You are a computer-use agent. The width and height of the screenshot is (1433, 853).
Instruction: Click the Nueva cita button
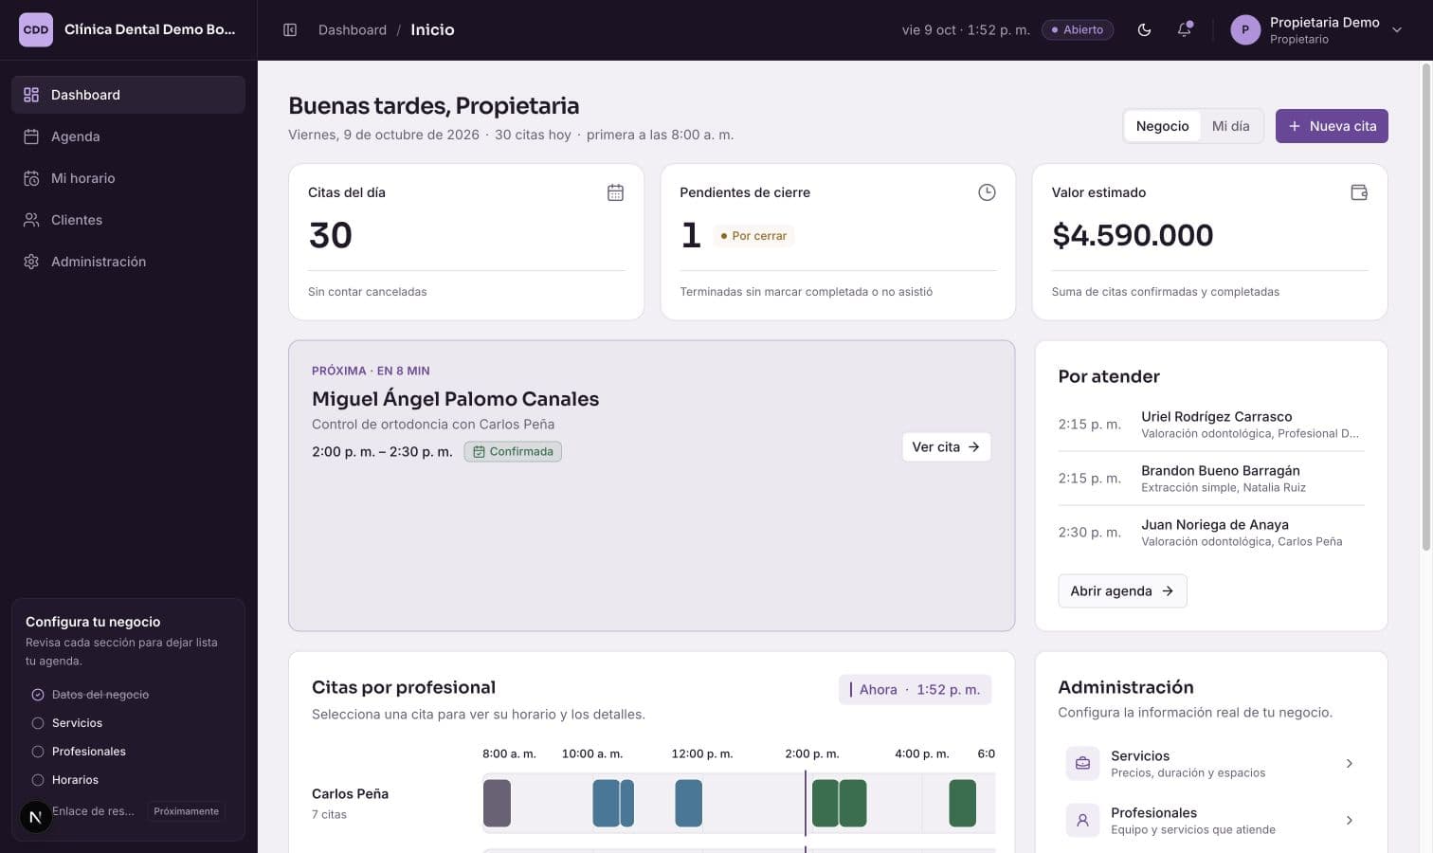(x=1332, y=126)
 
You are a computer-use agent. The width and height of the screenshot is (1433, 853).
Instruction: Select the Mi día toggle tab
(x=1230, y=126)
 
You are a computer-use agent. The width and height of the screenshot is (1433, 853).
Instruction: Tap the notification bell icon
(x=1184, y=29)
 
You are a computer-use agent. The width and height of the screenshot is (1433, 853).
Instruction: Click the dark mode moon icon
(x=1144, y=29)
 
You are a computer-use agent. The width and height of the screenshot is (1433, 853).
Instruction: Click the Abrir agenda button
(x=1122, y=590)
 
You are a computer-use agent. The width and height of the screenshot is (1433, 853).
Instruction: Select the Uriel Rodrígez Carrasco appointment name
(x=1216, y=417)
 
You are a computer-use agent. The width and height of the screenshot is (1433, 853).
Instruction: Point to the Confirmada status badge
(x=513, y=451)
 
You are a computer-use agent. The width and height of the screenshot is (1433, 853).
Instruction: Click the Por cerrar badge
(x=753, y=235)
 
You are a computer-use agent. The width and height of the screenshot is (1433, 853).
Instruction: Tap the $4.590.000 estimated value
(x=1133, y=235)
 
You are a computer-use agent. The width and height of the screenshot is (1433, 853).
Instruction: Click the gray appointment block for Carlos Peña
(x=497, y=803)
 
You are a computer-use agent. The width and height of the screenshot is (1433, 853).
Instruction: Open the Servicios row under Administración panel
(x=1210, y=763)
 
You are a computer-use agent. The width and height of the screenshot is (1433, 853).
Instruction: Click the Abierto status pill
(x=1078, y=29)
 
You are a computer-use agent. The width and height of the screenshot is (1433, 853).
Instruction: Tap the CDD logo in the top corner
(x=36, y=29)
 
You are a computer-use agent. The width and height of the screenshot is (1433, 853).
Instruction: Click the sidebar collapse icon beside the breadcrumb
(x=290, y=29)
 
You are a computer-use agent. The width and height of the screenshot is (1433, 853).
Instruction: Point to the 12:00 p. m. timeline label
(x=701, y=753)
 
